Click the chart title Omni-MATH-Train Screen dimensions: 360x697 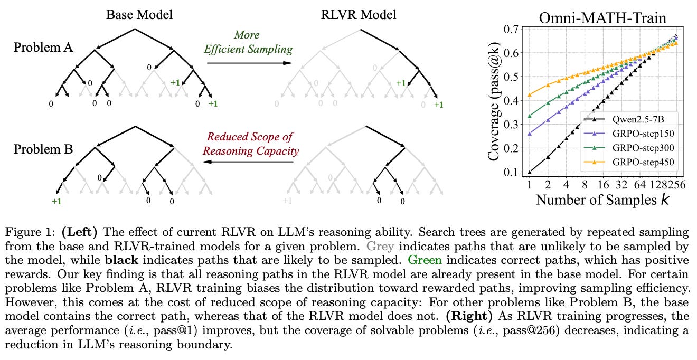click(x=602, y=18)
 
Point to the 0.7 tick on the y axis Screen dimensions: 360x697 click(x=512, y=29)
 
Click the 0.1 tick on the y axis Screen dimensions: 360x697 click(x=512, y=172)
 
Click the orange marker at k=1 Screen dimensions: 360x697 click(x=530, y=95)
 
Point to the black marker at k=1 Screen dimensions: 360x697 click(x=530, y=172)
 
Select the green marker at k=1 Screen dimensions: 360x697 click(x=530, y=116)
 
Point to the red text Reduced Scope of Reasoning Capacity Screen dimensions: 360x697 click(x=250, y=144)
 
